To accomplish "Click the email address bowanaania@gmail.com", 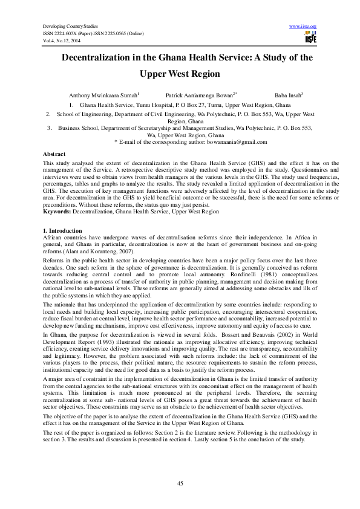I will (x=235, y=141).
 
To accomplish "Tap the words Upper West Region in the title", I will (x=180, y=75).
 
